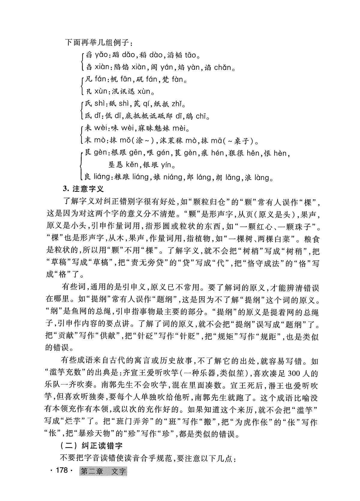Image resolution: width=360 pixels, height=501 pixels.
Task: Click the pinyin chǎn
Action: (x=223, y=67)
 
